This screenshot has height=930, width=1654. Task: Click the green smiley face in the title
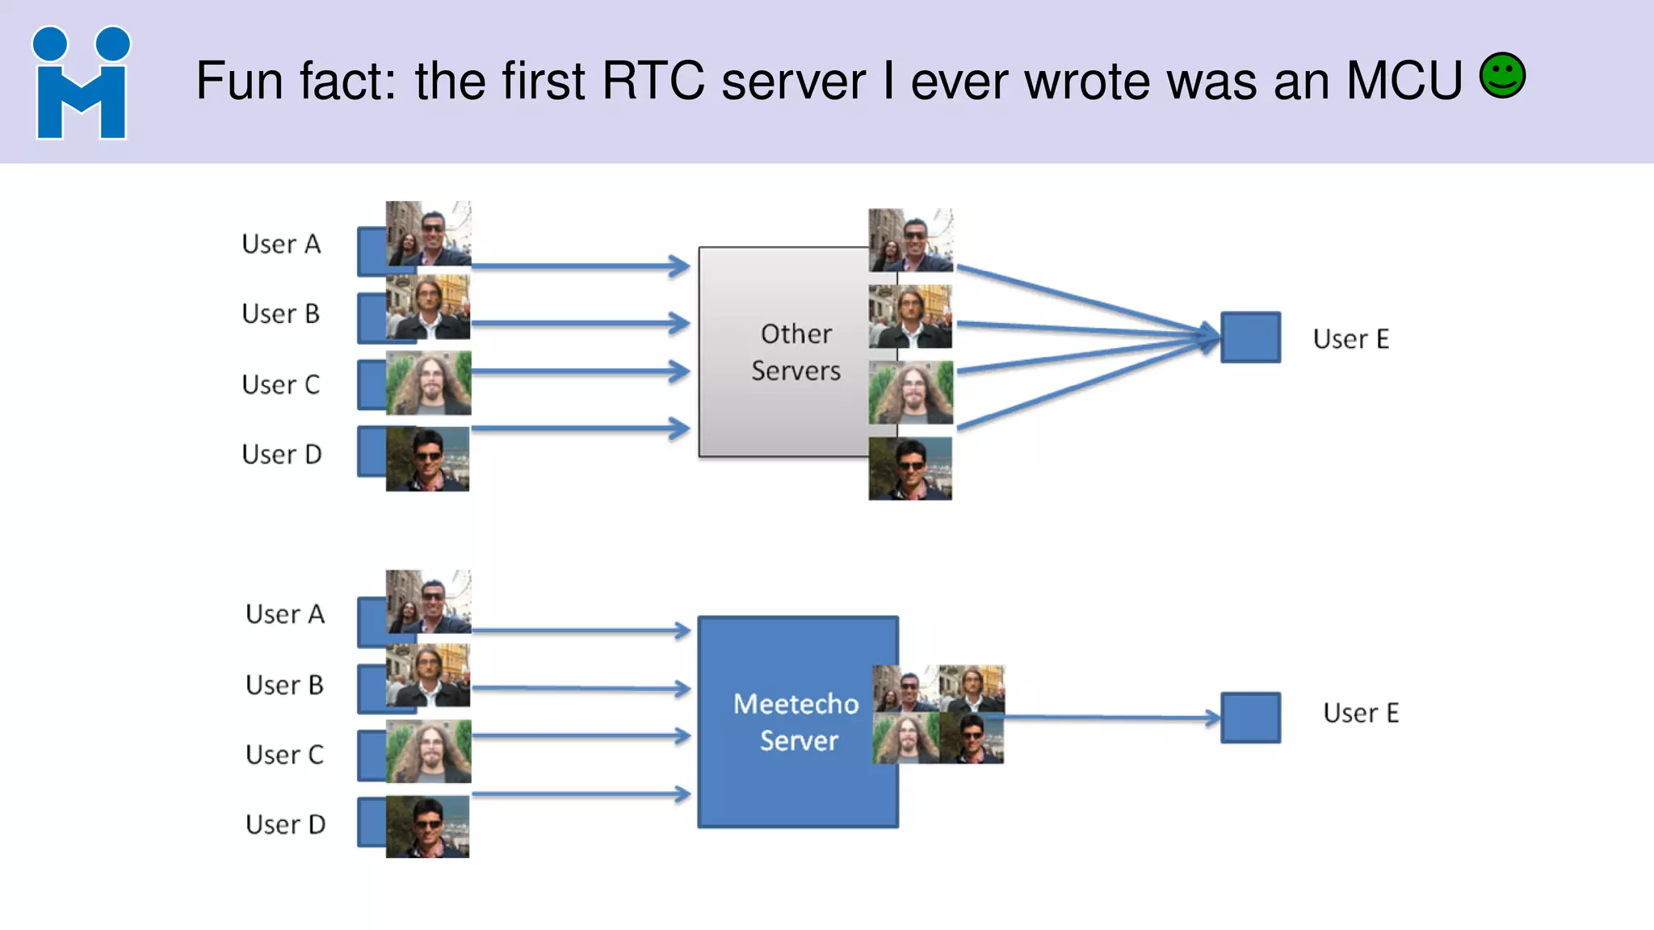pyautogui.click(x=1502, y=76)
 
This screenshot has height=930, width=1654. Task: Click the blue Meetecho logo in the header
pyautogui.click(x=81, y=83)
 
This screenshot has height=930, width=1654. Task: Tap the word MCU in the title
pyautogui.click(x=1404, y=81)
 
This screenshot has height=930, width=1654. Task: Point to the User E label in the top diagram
pyautogui.click(x=1350, y=339)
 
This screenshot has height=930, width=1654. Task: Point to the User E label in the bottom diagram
pyautogui.click(x=1360, y=713)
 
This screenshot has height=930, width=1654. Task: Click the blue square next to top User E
pyautogui.click(x=1250, y=337)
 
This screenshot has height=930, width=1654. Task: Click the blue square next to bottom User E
pyautogui.click(x=1250, y=718)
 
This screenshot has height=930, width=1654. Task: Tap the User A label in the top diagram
pyautogui.click(x=281, y=244)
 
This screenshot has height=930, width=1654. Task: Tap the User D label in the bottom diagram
pyautogui.click(x=285, y=824)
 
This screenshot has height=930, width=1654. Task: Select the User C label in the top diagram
pyautogui.click(x=280, y=384)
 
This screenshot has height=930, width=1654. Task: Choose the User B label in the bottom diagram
pyautogui.click(x=284, y=685)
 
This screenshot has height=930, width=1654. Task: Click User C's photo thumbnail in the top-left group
pyautogui.click(x=428, y=383)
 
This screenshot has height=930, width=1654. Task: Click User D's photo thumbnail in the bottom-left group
pyautogui.click(x=427, y=827)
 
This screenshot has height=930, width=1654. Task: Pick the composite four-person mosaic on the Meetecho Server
pyautogui.click(x=938, y=714)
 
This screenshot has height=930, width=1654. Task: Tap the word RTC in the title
pyautogui.click(x=653, y=81)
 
